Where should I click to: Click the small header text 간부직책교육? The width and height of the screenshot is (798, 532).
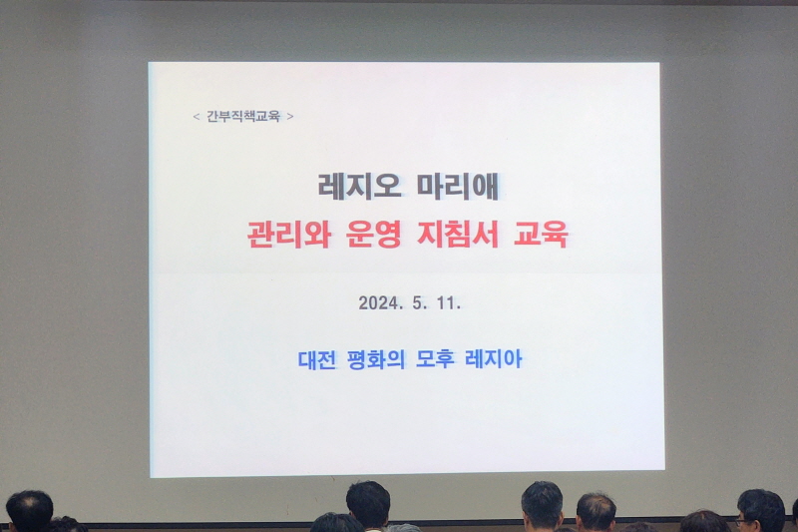click(x=244, y=117)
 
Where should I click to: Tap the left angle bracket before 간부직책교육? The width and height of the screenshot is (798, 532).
click(x=197, y=117)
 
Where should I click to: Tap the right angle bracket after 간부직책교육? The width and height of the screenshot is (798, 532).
click(x=290, y=117)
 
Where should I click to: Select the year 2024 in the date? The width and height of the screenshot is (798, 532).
click(x=378, y=303)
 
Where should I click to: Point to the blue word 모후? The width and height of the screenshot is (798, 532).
click(x=446, y=359)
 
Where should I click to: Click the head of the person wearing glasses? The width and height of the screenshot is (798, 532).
click(x=760, y=510)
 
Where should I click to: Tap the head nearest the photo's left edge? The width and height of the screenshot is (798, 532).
click(x=29, y=511)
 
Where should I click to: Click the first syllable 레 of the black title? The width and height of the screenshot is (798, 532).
click(x=331, y=187)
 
